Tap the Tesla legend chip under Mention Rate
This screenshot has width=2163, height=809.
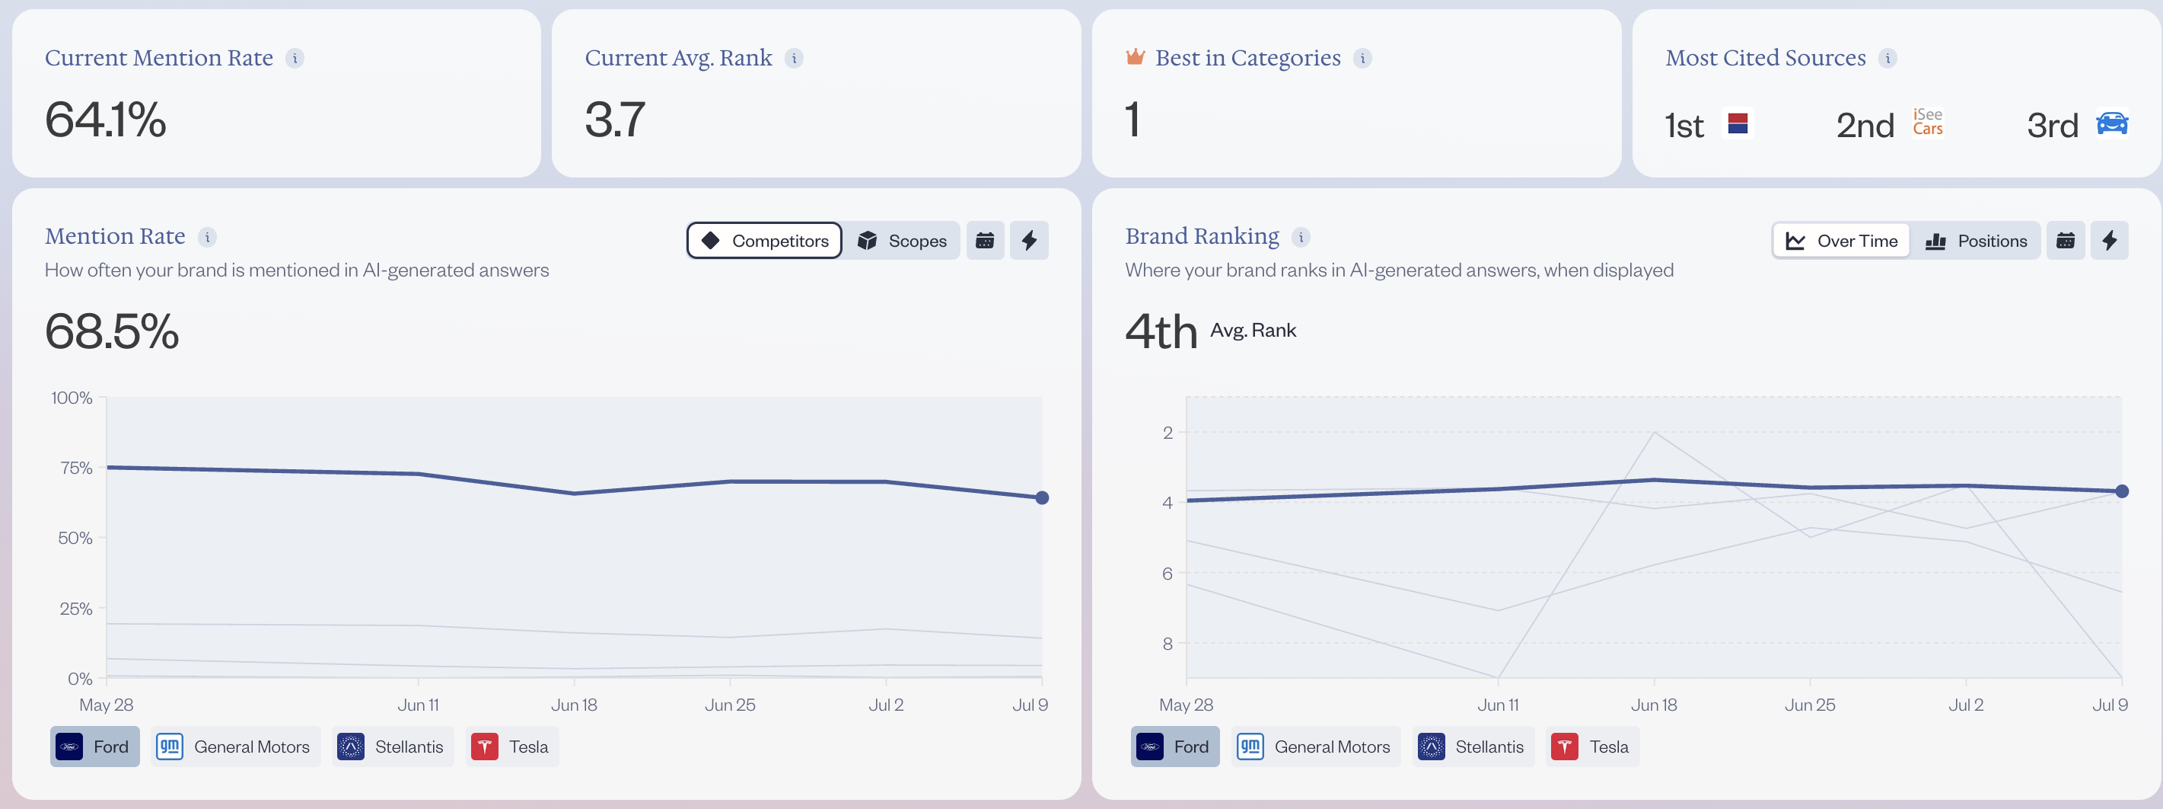[x=511, y=746]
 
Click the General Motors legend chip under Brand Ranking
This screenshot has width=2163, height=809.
[x=1316, y=746]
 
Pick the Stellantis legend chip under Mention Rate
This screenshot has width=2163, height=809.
[x=392, y=746]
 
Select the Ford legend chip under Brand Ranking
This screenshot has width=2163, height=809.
[x=1174, y=746]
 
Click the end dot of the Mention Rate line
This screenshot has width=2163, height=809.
[x=1042, y=498]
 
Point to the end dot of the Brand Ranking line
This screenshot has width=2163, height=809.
[x=2122, y=491]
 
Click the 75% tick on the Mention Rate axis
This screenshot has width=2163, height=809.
[x=76, y=468]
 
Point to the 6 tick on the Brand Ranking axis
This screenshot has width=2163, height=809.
[x=1168, y=574]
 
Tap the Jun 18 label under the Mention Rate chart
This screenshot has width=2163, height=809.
[x=575, y=705]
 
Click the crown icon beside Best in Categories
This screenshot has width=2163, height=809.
[x=1136, y=57]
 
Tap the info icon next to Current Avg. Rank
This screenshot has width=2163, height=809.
[x=794, y=58]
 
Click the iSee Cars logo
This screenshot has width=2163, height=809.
[x=1928, y=122]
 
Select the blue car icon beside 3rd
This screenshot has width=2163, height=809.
[x=2113, y=123]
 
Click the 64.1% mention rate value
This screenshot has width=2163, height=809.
[x=106, y=120]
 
